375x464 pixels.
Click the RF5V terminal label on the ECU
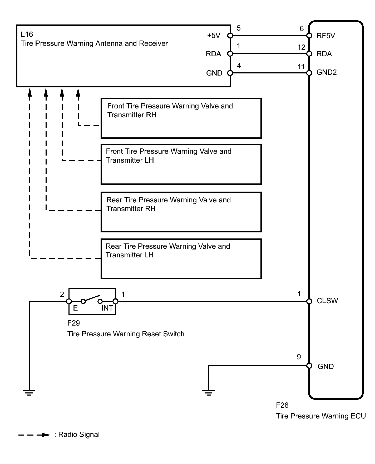click(326, 36)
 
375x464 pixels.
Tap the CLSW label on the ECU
click(327, 301)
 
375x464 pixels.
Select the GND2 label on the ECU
click(327, 72)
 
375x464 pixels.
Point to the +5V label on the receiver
click(214, 36)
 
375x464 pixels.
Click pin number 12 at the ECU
click(302, 47)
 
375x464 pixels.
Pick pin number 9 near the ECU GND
click(299, 357)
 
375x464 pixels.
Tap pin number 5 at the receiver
click(239, 28)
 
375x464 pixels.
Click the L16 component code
click(27, 34)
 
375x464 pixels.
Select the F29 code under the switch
click(73, 323)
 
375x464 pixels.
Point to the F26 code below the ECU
click(282, 405)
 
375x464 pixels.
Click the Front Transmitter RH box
click(181, 118)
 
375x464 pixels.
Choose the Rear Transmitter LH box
click(181, 259)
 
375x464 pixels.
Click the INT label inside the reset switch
click(107, 308)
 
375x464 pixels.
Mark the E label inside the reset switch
click(75, 308)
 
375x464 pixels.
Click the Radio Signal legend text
click(79, 435)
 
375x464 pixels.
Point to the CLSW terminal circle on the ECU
click(309, 301)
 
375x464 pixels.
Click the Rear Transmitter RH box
click(181, 212)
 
